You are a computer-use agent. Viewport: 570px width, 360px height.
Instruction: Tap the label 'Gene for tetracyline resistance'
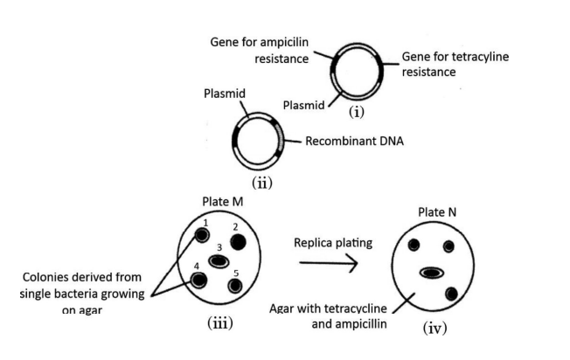455,64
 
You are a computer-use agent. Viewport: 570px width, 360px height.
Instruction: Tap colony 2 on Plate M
238,241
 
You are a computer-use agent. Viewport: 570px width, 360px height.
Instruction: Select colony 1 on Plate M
199,236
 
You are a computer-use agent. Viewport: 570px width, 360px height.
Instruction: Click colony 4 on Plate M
198,280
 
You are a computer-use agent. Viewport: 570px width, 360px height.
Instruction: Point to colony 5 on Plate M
234,285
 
